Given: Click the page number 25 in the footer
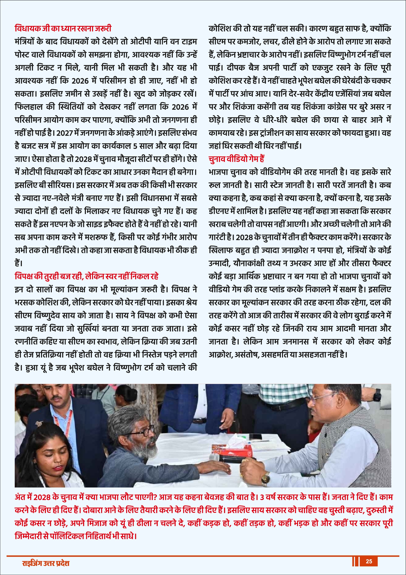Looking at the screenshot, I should point(369,561).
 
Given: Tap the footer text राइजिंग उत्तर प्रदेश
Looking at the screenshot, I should point(45,563).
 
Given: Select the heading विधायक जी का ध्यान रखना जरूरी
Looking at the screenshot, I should point(63,28).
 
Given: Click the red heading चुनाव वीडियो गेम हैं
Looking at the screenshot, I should point(236,159).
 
